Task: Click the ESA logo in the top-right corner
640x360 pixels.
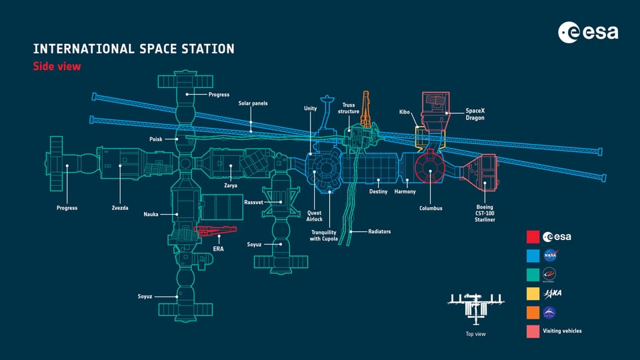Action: tap(589, 31)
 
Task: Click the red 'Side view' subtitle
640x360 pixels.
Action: tap(57, 66)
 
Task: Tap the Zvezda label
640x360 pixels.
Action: tap(120, 208)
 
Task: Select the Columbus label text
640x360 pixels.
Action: tap(431, 208)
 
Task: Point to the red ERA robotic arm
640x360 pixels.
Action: tap(215, 231)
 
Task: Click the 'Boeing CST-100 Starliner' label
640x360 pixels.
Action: tap(485, 213)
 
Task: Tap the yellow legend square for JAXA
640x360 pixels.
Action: tap(533, 293)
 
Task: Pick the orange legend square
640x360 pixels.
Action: tap(533, 312)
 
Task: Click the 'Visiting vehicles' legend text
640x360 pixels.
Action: tap(562, 331)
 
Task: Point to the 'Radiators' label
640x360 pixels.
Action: tap(379, 231)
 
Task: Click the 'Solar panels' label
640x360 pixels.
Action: tap(253, 103)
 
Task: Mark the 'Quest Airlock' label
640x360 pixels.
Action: tap(314, 215)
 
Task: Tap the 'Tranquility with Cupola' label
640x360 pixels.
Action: tap(323, 235)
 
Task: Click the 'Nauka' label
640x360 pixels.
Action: tap(151, 214)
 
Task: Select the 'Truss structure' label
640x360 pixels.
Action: tap(349, 108)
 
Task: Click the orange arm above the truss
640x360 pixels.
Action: tap(365, 110)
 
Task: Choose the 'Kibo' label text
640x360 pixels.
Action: tap(404, 113)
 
